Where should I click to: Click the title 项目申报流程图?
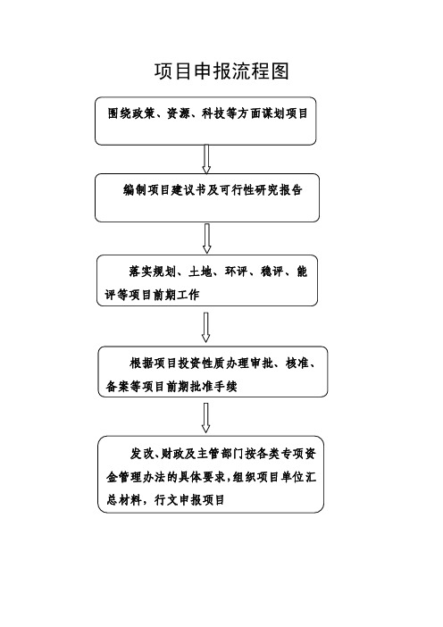(x=221, y=72)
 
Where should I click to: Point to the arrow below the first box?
(x=206, y=159)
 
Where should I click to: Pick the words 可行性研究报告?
(x=261, y=190)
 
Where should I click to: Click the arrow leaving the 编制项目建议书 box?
(x=206, y=238)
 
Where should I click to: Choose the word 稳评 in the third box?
(x=272, y=272)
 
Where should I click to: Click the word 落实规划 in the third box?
(x=153, y=272)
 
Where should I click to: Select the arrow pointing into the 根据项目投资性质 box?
(x=206, y=328)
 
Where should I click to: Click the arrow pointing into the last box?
(x=206, y=418)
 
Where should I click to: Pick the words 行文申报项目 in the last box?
(x=190, y=500)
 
